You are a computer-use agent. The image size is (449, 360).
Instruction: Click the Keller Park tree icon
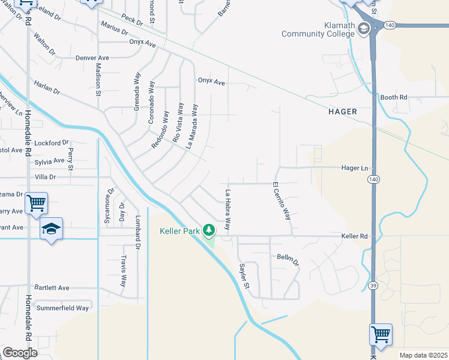click(x=209, y=230)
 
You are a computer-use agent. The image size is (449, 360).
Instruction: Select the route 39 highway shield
click(x=373, y=285)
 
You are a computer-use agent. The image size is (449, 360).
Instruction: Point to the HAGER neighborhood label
click(x=343, y=112)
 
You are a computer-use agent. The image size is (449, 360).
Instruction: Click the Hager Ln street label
click(x=354, y=169)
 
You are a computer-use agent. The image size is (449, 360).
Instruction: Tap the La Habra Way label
click(x=228, y=210)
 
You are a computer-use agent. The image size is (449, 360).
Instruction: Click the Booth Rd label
click(x=394, y=97)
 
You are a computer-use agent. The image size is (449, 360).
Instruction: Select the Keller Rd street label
click(x=354, y=236)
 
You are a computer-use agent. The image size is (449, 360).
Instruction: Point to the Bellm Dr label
click(x=288, y=259)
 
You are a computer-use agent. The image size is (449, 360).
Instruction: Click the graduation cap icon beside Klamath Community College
click(x=364, y=28)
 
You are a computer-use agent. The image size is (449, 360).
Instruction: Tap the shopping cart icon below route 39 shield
click(x=381, y=333)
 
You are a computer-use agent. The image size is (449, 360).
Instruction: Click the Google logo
click(x=20, y=353)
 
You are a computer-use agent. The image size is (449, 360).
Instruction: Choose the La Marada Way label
click(x=192, y=125)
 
